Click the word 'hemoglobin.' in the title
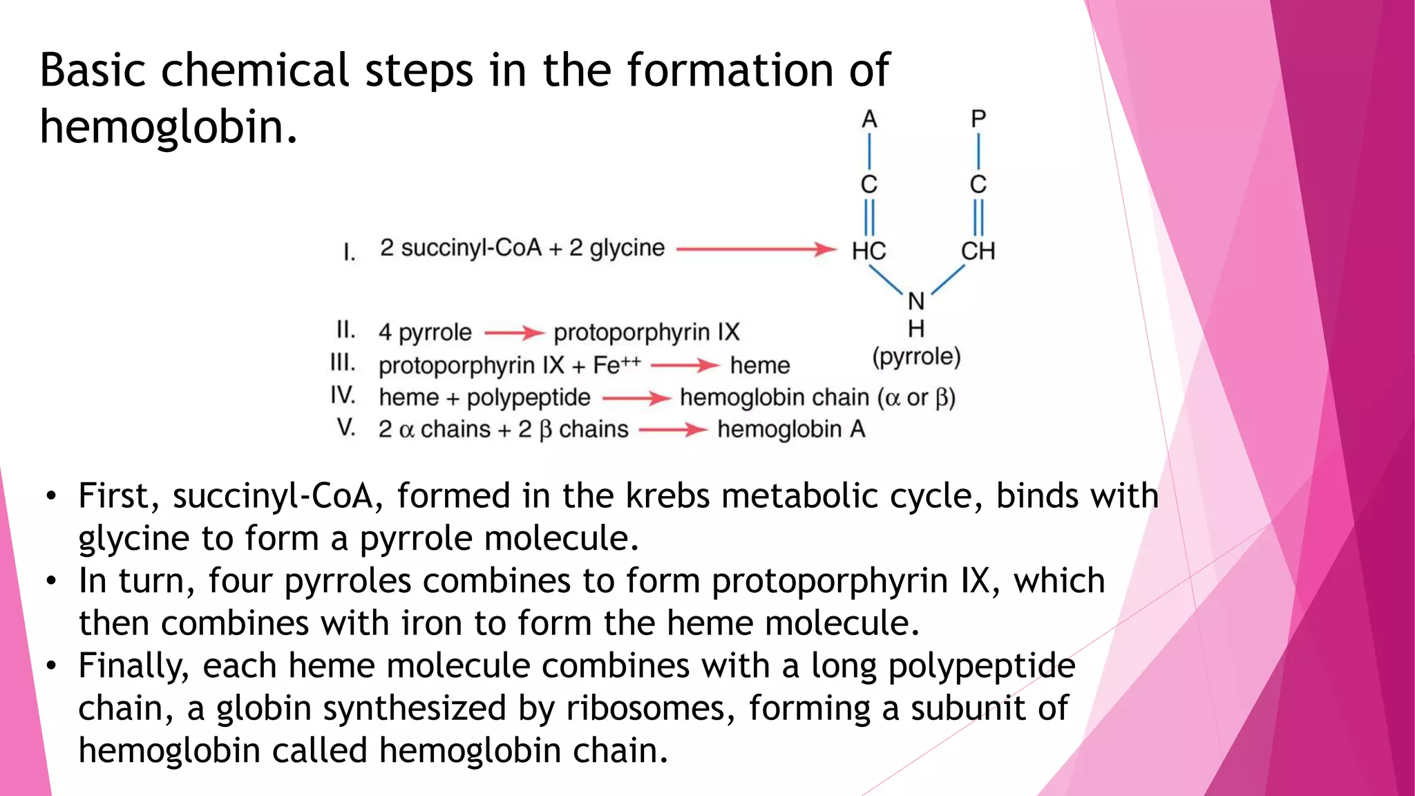coord(169,128)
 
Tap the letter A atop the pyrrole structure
coord(869,120)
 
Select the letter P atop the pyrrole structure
coord(978,119)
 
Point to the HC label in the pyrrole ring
coord(868,251)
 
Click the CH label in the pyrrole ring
coord(978,251)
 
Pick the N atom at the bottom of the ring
coord(916,301)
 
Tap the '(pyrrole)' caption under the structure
coord(916,357)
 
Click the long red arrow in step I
coord(757,249)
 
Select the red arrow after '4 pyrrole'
coord(514,333)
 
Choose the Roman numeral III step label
coord(343,363)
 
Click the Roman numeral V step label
coord(346,428)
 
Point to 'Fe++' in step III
coord(616,365)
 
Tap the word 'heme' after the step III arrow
coord(759,366)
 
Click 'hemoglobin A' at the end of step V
coord(791,430)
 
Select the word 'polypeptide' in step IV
coord(529,398)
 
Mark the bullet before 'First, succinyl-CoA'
coord(50,497)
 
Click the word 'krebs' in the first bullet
coord(667,496)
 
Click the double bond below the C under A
coord(869,217)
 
